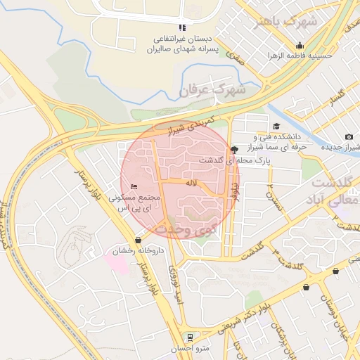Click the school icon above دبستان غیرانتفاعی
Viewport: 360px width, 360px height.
point(182,27)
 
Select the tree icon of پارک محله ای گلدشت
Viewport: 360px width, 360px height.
point(234,148)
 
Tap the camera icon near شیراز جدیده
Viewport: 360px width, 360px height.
point(349,136)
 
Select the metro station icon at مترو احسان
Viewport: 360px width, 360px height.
point(188,337)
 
